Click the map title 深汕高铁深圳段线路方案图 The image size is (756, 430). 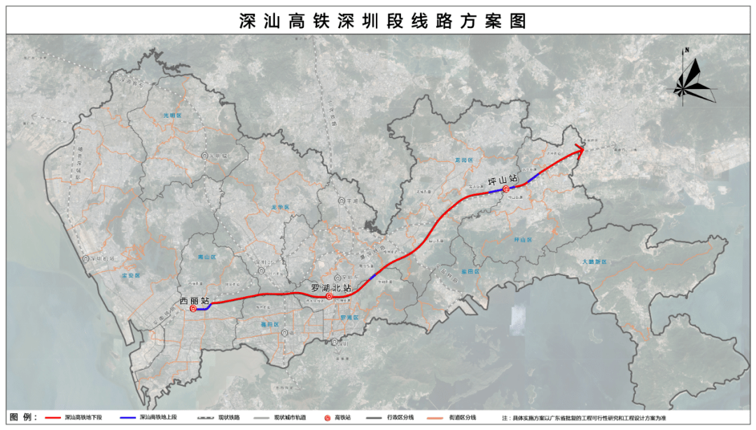click(x=381, y=21)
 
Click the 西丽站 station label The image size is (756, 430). click(x=195, y=302)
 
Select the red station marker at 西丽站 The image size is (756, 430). click(x=192, y=309)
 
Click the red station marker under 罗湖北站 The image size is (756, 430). click(x=329, y=297)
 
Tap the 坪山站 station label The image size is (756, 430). click(x=503, y=180)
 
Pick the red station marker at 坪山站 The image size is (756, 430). click(x=505, y=188)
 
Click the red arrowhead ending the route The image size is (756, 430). click(x=579, y=147)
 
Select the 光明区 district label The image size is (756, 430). click(x=171, y=115)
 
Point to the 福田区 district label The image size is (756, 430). click(x=269, y=325)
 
